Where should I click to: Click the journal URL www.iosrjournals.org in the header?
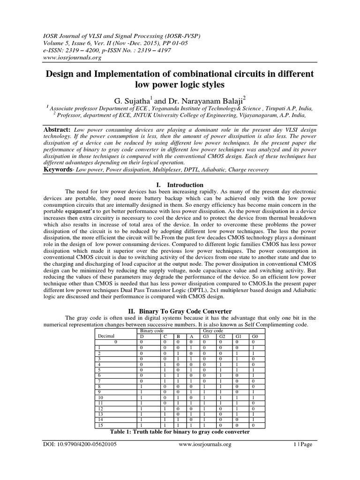(73, 58)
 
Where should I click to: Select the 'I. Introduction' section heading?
(180, 185)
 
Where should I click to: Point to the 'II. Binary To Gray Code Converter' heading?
(180, 311)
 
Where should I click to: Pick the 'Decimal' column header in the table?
(106, 336)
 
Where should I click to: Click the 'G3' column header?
(205, 336)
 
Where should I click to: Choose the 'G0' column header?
(254, 336)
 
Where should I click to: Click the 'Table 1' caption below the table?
(180, 432)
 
